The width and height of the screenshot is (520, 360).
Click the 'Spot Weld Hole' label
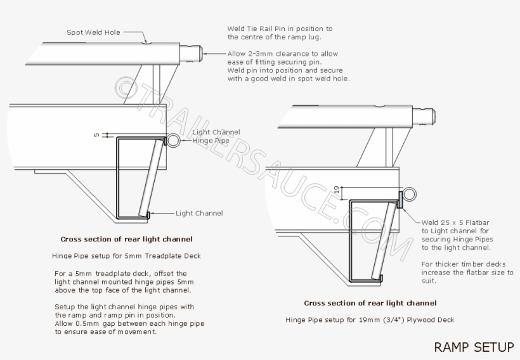pos(93,32)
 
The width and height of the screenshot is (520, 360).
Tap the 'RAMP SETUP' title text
pos(474,347)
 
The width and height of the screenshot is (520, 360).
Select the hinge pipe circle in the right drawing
pos(408,195)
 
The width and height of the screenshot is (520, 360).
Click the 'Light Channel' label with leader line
pos(199,214)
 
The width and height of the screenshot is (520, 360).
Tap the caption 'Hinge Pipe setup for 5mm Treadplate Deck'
pos(126,256)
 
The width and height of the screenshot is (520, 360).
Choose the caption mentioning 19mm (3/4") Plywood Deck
pos(370,319)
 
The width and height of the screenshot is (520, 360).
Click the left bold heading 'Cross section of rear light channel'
pos(126,240)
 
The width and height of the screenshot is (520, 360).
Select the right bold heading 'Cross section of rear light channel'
pos(370,303)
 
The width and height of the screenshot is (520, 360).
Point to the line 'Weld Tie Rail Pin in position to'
pos(280,29)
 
